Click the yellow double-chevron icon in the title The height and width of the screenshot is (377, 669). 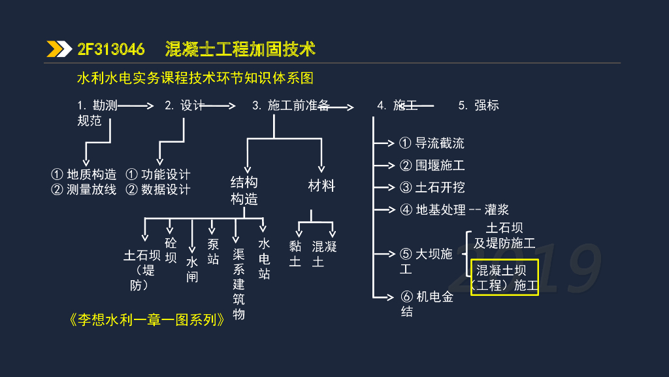tap(59, 49)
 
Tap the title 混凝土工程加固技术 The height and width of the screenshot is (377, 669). tap(240, 49)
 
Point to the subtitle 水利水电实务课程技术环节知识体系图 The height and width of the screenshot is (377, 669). tap(195, 79)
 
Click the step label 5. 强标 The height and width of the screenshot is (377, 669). tap(478, 105)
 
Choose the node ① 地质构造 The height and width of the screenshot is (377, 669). tap(84, 175)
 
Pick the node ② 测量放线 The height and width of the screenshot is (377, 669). tap(84, 190)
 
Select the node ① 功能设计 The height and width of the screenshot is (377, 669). tap(157, 175)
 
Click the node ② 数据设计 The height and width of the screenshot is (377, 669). tap(157, 190)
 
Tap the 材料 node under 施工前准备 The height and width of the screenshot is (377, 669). tap(321, 186)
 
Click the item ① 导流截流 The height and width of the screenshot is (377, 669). tap(432, 143)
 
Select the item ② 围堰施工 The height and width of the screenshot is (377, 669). tap(432, 166)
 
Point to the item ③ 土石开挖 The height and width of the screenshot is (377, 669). tap(432, 188)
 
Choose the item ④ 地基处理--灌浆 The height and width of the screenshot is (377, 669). tap(454, 210)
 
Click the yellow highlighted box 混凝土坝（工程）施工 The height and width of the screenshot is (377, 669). tap(504, 278)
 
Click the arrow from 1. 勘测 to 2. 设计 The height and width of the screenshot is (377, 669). tap(136, 105)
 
